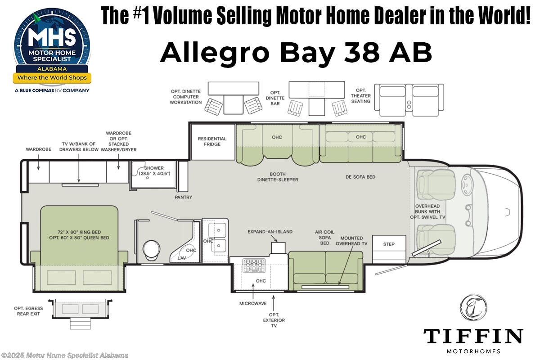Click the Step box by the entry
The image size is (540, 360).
pyautogui.click(x=389, y=244)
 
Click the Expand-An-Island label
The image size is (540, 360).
pyautogui.click(x=270, y=232)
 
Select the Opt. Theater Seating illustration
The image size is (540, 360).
pyautogui.click(x=409, y=99)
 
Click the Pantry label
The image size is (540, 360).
pyautogui.click(x=184, y=197)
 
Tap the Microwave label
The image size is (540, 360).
pyautogui.click(x=253, y=303)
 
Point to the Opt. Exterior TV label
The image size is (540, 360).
pyautogui.click(x=274, y=320)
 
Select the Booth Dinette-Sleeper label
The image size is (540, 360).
pyautogui.click(x=278, y=177)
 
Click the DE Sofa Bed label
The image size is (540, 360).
pyautogui.click(x=360, y=177)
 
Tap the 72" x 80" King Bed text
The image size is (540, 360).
pyautogui.click(x=79, y=232)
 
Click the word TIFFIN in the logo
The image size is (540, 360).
pyautogui.click(x=473, y=337)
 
